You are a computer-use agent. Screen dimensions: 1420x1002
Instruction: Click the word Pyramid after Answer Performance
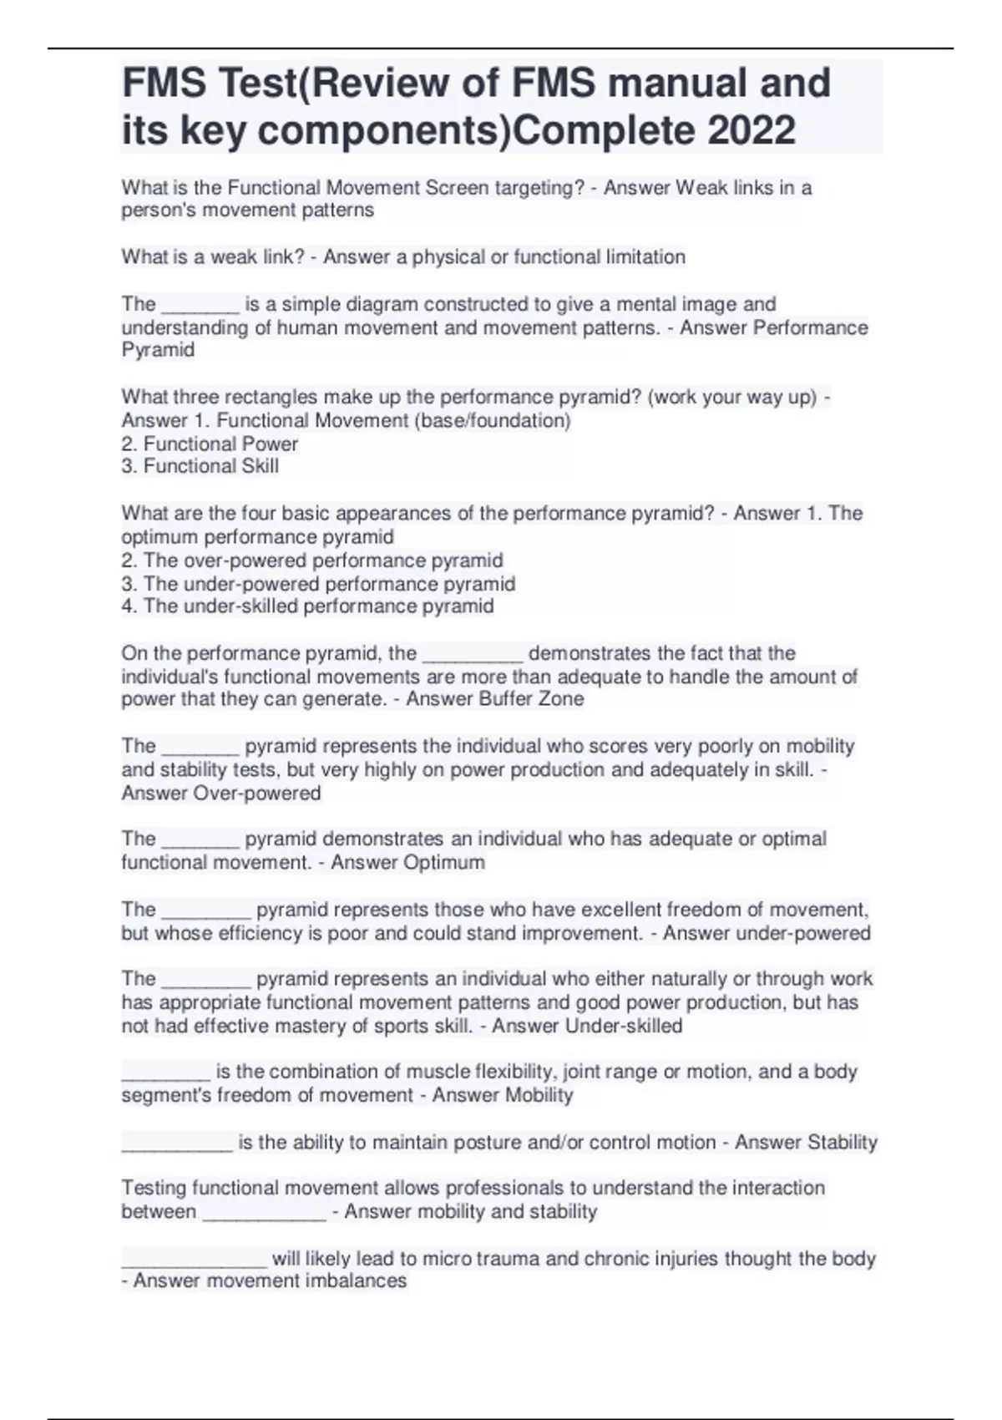click(158, 350)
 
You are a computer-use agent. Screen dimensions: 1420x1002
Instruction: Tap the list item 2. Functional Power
click(210, 444)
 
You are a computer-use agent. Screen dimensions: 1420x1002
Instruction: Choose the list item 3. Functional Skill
click(200, 466)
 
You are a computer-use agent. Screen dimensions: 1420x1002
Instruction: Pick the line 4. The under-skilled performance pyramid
click(307, 606)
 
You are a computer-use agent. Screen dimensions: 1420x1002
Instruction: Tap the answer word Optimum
click(443, 862)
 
